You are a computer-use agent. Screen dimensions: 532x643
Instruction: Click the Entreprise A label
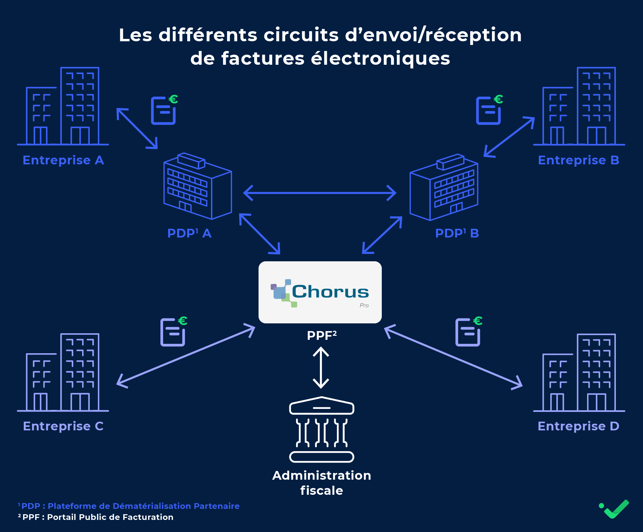63,160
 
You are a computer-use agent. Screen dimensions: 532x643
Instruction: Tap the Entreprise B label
578,160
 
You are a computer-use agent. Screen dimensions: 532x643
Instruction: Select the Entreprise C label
63,426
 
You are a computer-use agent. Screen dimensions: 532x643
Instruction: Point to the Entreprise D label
578,426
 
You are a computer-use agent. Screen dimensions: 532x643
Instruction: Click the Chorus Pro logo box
320,292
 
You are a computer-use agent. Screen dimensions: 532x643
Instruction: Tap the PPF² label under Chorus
321,335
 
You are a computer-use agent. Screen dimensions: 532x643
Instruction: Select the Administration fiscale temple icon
321,429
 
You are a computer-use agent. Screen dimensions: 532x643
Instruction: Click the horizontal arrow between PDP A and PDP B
320,193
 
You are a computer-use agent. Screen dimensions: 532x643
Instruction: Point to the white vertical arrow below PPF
321,368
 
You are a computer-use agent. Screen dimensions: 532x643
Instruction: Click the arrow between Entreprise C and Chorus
186,356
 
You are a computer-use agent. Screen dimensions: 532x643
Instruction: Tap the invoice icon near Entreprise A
163,111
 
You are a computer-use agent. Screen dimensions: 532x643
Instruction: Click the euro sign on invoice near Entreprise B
498,99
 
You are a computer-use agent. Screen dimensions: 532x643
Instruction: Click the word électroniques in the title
380,58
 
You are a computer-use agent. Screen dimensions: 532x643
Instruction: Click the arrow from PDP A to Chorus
260,234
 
